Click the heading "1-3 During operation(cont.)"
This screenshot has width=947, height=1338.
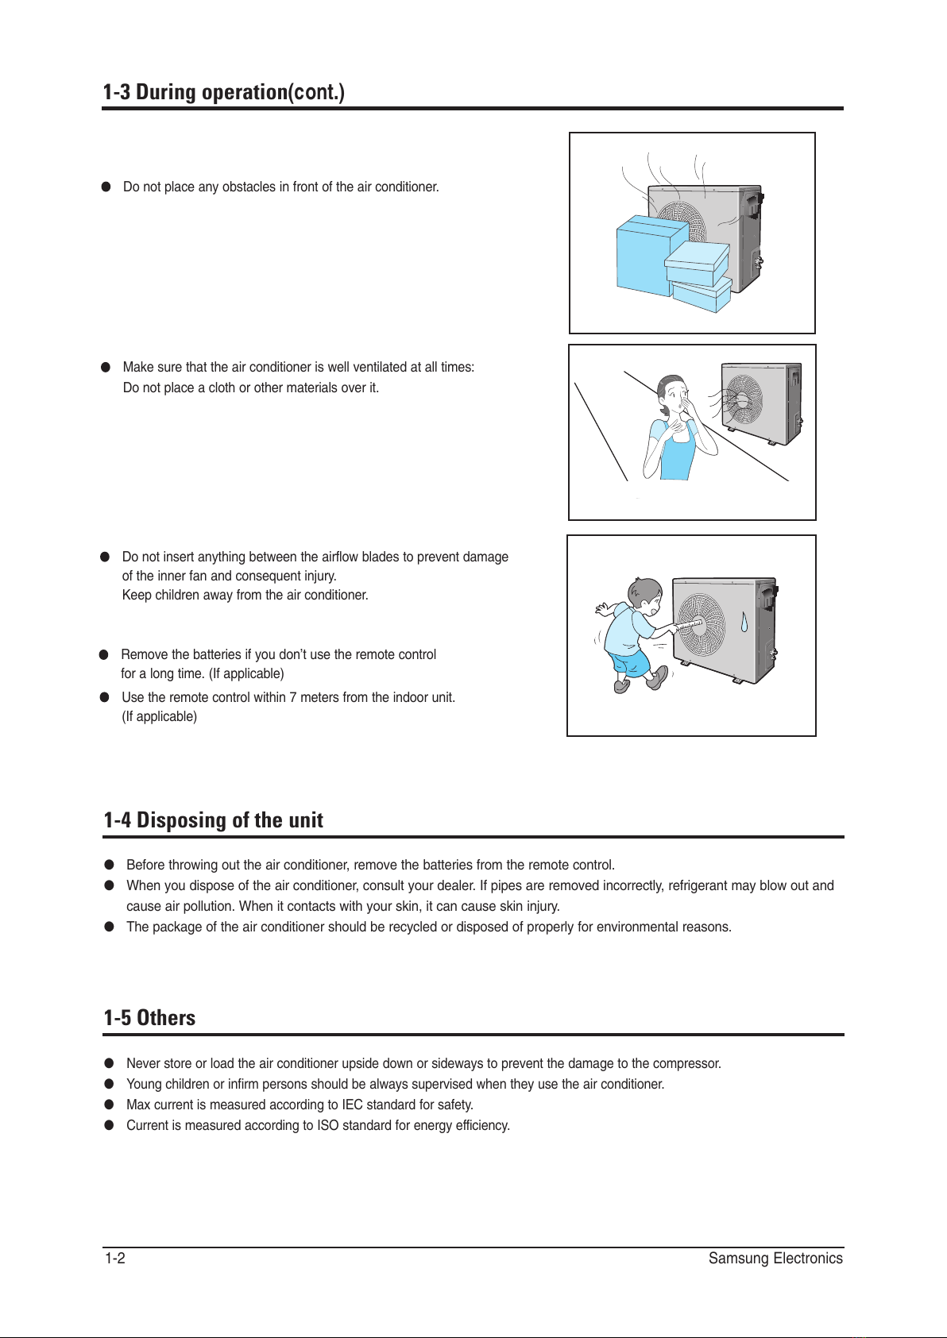click(x=223, y=93)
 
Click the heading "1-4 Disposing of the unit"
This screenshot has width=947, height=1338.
click(x=213, y=820)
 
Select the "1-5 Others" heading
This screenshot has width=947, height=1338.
click(x=149, y=1018)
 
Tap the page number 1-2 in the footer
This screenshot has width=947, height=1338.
click(x=115, y=1259)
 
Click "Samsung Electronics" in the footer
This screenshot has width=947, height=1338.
click(x=775, y=1259)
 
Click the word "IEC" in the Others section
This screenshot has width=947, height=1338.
click(x=353, y=1105)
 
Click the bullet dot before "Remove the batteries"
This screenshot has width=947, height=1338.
click(x=104, y=655)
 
